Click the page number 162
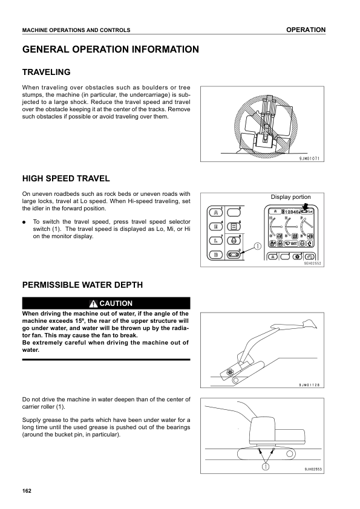(x=26, y=490)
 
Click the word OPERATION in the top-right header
(x=306, y=30)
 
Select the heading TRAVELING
(x=46, y=72)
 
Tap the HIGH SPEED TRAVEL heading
(x=65, y=178)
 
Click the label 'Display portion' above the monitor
(x=290, y=197)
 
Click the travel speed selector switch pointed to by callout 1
(x=233, y=255)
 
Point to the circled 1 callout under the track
(x=264, y=465)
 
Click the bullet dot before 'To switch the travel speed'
(x=24, y=222)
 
